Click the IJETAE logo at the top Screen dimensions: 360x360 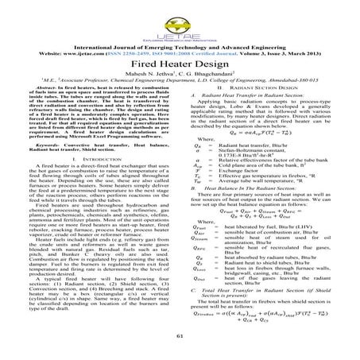tap(179, 18)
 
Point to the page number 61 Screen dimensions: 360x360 tap(180, 337)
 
